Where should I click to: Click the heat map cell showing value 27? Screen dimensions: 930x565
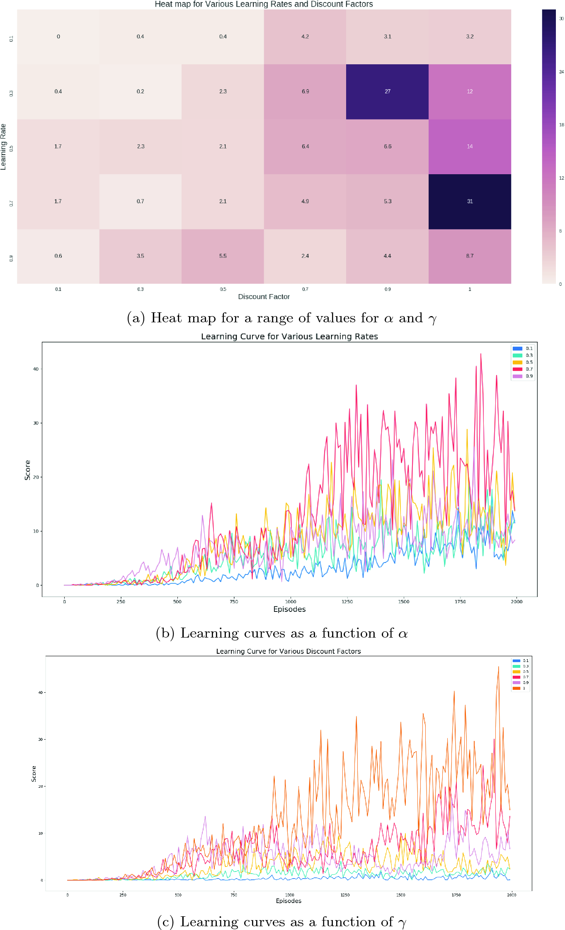387,92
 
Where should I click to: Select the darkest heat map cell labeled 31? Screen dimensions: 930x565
470,202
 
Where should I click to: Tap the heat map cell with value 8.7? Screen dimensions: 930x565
470,256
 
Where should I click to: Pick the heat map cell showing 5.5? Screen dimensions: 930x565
223,256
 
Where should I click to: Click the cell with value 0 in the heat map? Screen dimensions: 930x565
58,37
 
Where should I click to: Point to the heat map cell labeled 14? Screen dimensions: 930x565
470,146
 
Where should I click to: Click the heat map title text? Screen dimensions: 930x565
264,4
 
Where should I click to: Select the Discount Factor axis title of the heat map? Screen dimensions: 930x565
264,297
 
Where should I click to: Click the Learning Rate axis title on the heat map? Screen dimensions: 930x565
3,147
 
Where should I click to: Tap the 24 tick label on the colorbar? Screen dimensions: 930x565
561,72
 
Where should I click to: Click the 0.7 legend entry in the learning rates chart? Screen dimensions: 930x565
523,369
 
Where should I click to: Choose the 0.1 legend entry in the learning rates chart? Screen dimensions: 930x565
523,348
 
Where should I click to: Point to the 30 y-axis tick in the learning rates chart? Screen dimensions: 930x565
36,423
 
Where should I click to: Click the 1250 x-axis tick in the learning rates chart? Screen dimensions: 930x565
347,601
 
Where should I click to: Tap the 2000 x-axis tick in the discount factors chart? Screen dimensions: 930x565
511,895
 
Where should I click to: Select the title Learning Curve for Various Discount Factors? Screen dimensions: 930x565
288,651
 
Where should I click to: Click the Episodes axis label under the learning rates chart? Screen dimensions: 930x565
289,609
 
